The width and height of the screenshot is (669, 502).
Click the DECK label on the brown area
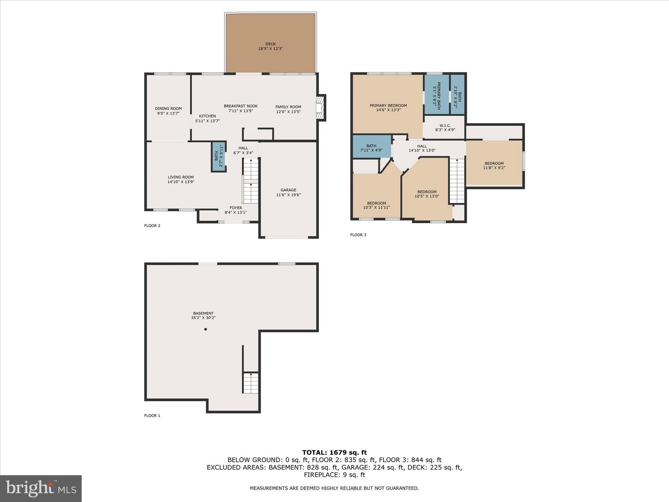(x=270, y=44)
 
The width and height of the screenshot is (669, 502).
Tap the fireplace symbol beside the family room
(x=320, y=108)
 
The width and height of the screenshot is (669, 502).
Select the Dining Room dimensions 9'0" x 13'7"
(x=168, y=113)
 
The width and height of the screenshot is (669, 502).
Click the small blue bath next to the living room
(x=219, y=157)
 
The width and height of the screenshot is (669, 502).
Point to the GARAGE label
(x=288, y=190)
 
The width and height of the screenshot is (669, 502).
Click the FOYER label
(x=236, y=208)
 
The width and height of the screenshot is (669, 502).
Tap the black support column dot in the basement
(x=205, y=329)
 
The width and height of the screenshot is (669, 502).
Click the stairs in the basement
(x=251, y=383)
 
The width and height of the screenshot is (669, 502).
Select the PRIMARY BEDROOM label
(x=388, y=106)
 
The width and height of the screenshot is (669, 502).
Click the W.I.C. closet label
(x=445, y=125)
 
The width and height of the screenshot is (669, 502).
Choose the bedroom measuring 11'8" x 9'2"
(x=494, y=166)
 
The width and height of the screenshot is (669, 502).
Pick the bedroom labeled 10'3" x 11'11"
(x=376, y=205)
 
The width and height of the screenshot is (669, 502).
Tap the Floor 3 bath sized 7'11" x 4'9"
(x=371, y=148)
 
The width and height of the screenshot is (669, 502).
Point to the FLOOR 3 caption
(x=358, y=235)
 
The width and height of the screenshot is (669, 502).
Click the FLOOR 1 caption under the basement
(x=152, y=416)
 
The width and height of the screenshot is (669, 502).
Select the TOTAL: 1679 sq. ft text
(x=334, y=453)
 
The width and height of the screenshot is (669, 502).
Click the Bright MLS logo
(x=41, y=489)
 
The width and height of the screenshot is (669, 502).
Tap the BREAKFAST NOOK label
(x=241, y=106)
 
